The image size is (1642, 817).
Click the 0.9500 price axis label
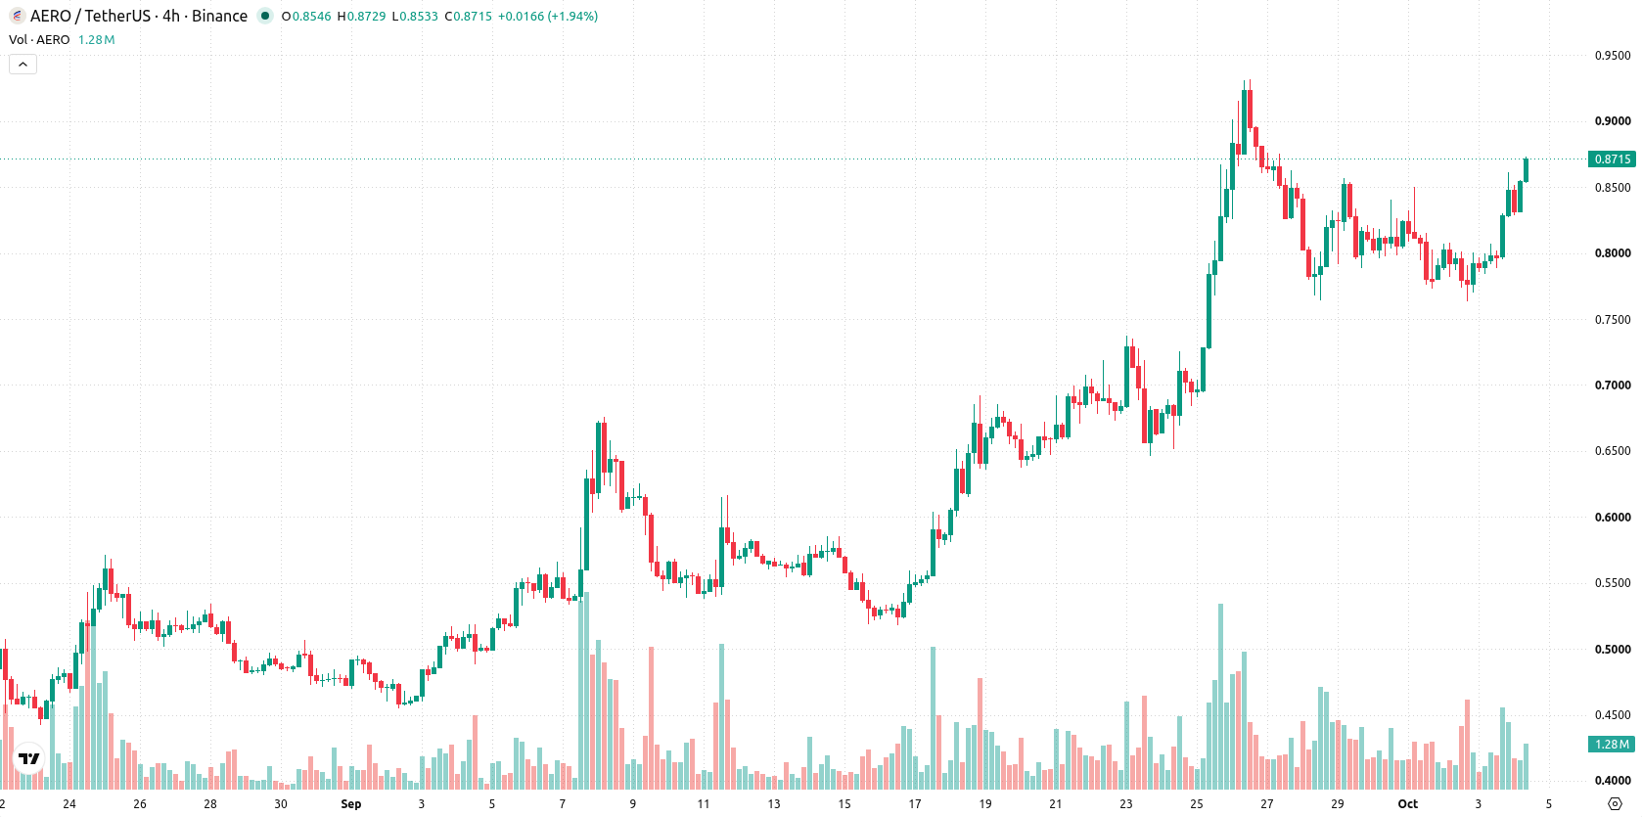point(1613,56)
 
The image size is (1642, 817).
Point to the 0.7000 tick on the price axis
point(1613,386)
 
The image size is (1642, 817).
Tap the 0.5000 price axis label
point(1613,650)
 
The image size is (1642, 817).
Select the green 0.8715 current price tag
point(1612,159)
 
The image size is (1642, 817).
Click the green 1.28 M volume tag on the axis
point(1612,745)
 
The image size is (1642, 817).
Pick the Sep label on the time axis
point(351,804)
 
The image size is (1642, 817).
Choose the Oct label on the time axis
point(1407,804)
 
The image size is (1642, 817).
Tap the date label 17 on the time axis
point(915,804)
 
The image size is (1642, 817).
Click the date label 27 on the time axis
point(1266,804)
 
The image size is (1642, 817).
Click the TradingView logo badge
point(29,758)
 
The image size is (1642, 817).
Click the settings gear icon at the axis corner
point(1615,804)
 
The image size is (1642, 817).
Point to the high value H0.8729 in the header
point(361,16)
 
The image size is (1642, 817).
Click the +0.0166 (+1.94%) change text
point(548,16)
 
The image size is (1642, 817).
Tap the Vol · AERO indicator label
point(39,39)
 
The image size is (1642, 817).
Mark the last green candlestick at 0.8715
point(1527,170)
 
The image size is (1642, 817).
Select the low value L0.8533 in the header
point(415,16)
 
